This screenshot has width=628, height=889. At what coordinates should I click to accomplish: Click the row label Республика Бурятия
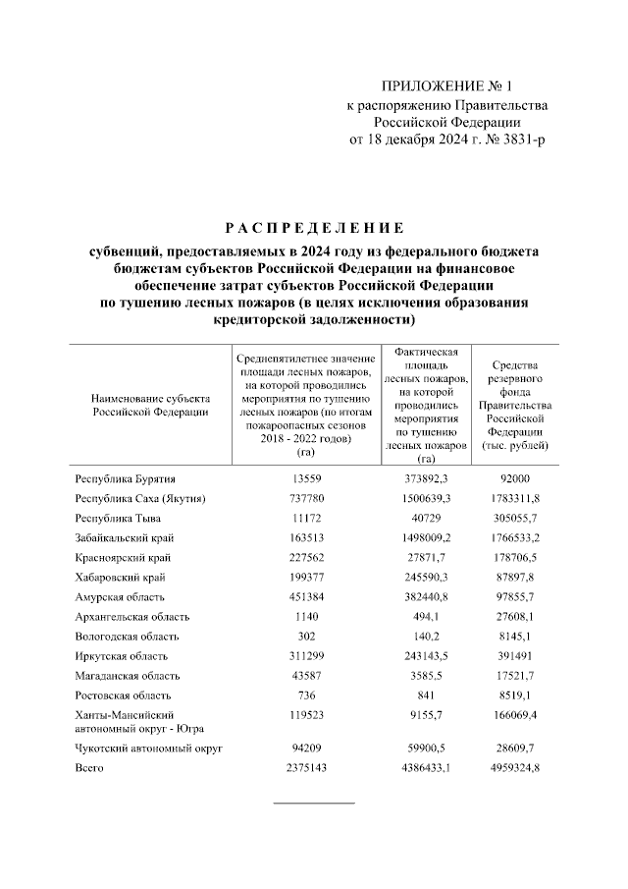click(126, 478)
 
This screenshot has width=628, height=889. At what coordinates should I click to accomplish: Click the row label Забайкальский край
click(122, 537)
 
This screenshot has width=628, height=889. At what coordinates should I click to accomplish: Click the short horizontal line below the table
click(314, 803)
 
